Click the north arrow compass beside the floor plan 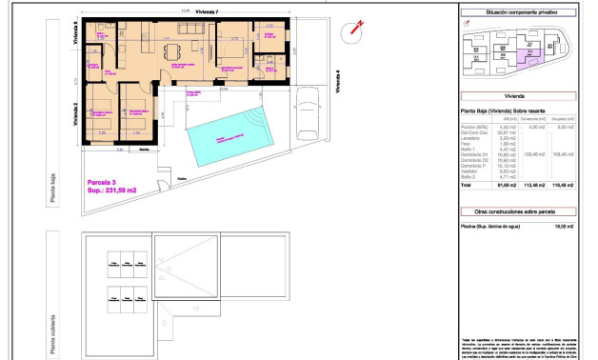pyautogui.click(x=355, y=29)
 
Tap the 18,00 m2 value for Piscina pyautogui.click(x=566, y=226)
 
